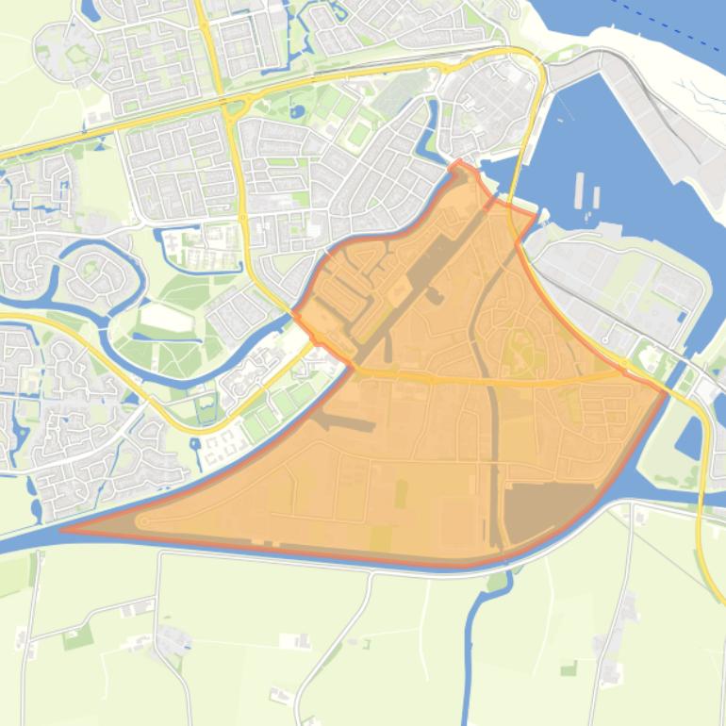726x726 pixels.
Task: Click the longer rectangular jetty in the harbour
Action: pos(577,190)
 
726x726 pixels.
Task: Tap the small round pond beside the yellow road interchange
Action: pos(297,111)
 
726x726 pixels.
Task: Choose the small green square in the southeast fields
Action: pos(569,668)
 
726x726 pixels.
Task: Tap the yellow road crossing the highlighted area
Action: pos(490,380)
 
